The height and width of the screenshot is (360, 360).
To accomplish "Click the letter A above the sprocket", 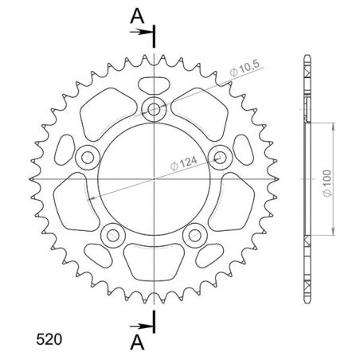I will click(x=138, y=14).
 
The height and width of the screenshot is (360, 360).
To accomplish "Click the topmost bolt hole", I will click(x=154, y=108).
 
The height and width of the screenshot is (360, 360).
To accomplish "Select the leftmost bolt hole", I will click(x=84, y=157).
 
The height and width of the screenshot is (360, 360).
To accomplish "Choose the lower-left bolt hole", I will click(x=112, y=237).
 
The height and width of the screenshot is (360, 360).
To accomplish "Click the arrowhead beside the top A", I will click(x=147, y=33).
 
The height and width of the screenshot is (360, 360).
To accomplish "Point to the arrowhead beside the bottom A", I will click(x=147, y=326).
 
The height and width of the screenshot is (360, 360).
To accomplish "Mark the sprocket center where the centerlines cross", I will click(x=154, y=179).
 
